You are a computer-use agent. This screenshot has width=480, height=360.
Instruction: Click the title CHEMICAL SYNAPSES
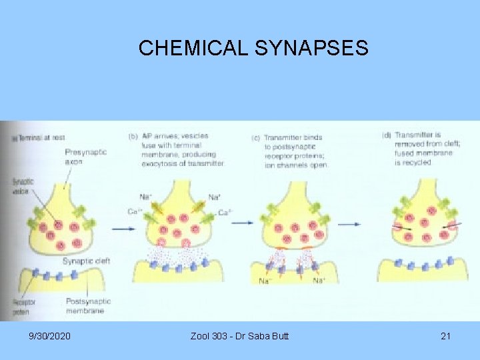[x=253, y=48]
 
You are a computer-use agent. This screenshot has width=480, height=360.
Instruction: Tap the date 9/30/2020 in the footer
[x=50, y=336]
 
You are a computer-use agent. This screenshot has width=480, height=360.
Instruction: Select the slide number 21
[x=445, y=336]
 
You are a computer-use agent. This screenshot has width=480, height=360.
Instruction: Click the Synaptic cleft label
[x=86, y=261]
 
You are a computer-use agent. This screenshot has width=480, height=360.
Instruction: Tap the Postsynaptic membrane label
[x=88, y=306]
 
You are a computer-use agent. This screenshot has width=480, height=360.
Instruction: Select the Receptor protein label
[x=21, y=306]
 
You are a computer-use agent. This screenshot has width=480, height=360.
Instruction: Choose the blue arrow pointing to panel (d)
[x=354, y=224]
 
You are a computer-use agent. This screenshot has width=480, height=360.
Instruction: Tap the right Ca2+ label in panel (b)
[x=226, y=213]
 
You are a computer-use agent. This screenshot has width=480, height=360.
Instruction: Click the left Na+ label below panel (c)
[x=264, y=281]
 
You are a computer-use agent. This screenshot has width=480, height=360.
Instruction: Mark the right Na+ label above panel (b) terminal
[x=214, y=197]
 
